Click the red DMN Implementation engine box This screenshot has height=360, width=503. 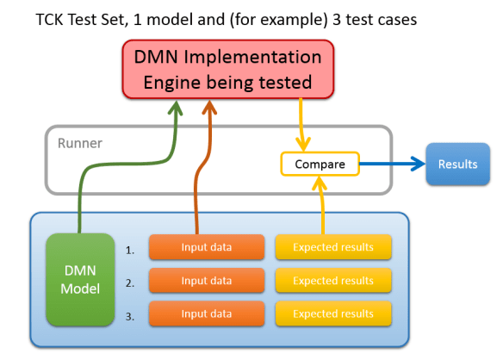tap(227, 70)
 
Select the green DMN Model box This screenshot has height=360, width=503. tap(79, 279)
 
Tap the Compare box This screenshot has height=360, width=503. tap(320, 164)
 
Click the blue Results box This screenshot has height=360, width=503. tap(457, 164)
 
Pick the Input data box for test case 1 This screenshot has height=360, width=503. tap(206, 247)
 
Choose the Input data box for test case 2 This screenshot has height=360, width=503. tap(206, 280)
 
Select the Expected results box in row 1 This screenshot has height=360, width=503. tap(332, 247)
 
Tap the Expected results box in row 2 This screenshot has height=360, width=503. tap(332, 280)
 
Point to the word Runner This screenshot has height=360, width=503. tap(79, 143)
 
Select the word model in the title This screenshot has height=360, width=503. tap(192, 18)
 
